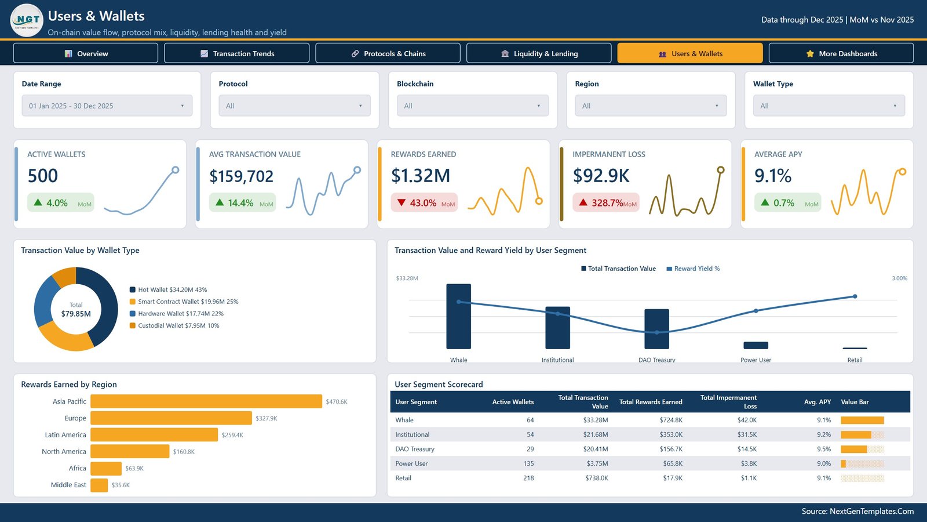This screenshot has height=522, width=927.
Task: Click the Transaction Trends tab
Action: (x=237, y=53)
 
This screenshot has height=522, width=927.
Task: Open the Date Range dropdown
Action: (x=107, y=106)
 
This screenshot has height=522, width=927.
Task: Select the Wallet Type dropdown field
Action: (x=829, y=106)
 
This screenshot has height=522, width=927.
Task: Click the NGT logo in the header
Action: (x=27, y=20)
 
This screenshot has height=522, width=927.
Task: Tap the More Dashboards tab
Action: (x=841, y=53)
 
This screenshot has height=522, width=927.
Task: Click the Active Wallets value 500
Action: (x=43, y=176)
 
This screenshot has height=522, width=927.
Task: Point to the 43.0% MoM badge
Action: (x=424, y=202)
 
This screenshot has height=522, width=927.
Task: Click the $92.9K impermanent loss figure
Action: (x=601, y=176)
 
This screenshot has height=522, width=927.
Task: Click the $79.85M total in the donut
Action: (x=76, y=314)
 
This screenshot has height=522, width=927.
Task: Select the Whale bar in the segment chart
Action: (x=458, y=317)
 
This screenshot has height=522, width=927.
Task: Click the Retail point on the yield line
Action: (x=855, y=296)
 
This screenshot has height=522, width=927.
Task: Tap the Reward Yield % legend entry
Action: (x=693, y=269)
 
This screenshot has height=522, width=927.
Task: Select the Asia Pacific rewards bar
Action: (x=206, y=401)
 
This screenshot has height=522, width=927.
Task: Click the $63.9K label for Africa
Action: (x=134, y=468)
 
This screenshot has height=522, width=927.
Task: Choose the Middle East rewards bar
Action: (x=99, y=485)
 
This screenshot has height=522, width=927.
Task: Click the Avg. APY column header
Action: (x=817, y=402)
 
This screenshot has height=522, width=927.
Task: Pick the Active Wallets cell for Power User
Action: (x=528, y=463)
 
